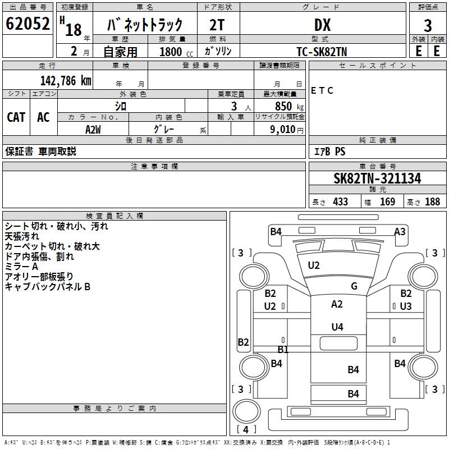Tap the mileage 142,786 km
click(x=66, y=81)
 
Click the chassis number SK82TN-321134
click(x=377, y=178)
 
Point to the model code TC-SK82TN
click(x=322, y=51)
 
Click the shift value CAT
click(x=16, y=117)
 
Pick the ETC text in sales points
click(x=322, y=90)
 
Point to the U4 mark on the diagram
click(x=337, y=327)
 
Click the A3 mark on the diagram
click(x=400, y=231)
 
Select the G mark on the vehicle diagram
click(x=354, y=286)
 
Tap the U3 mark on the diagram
click(x=406, y=306)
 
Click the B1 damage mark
click(x=283, y=350)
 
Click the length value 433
click(x=340, y=201)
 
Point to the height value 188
click(x=432, y=201)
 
